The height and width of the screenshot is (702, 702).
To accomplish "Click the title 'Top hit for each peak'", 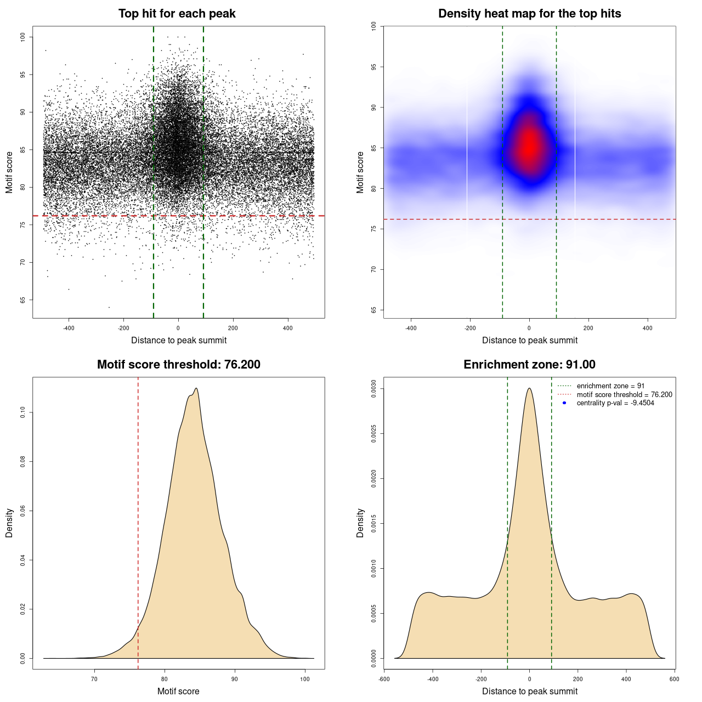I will tap(177, 14).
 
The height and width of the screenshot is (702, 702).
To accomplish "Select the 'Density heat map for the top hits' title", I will tap(529, 14).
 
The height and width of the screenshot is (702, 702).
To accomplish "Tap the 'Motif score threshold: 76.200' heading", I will tap(178, 365).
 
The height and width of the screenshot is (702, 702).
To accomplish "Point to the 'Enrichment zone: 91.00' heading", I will tap(529, 365).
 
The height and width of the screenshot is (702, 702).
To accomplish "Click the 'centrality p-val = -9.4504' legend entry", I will tap(615, 403).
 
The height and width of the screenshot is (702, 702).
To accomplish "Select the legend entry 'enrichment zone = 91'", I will tap(610, 386).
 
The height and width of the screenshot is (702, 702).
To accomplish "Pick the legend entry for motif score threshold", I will tap(624, 395).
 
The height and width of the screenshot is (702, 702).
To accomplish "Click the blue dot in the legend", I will tap(564, 403).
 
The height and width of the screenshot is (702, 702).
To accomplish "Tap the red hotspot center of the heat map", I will tap(529, 146).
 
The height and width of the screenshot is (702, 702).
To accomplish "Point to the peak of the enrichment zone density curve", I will tap(529, 388).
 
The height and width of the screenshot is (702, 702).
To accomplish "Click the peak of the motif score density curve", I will tap(196, 388).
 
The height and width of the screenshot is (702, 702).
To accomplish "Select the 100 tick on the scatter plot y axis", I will tap(22, 37).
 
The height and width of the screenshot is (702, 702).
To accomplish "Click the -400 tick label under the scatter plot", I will tap(69, 328).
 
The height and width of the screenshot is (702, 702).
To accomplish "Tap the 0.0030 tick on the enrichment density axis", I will tap(373, 388).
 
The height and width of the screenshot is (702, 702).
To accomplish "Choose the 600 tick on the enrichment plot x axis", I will tap(674, 679).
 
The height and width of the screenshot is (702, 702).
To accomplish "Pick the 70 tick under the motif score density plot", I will tap(94, 679).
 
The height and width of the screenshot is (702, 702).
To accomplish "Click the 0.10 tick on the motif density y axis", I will tap(22, 412).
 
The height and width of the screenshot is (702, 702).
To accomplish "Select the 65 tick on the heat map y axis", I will tap(373, 310).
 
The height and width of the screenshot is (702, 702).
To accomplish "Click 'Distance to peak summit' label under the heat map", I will tap(529, 340).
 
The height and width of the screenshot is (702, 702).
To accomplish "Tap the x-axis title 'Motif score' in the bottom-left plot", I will tap(178, 691).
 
